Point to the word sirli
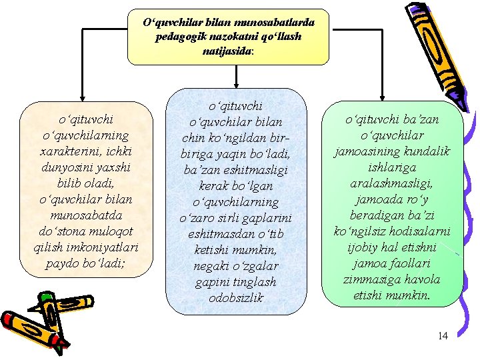pos(231,218)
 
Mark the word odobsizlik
pos(236,298)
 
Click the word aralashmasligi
pos(392,183)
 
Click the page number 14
pos(443,336)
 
